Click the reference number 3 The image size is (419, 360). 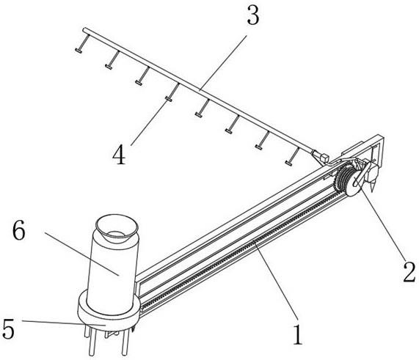click(x=252, y=16)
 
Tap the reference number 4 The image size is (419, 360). click(x=119, y=155)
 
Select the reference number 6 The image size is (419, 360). click(x=18, y=231)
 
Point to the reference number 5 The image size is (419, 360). click(x=8, y=329)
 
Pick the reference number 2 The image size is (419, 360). click(x=409, y=272)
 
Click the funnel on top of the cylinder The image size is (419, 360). click(x=117, y=227)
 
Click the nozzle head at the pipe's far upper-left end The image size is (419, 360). click(x=79, y=50)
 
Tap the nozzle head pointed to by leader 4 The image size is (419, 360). click(x=168, y=99)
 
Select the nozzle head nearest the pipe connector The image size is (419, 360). click(x=288, y=163)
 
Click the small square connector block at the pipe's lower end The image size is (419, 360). click(x=324, y=158)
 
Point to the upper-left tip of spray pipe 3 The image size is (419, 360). click(x=84, y=29)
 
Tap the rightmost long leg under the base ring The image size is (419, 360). click(x=125, y=343)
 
